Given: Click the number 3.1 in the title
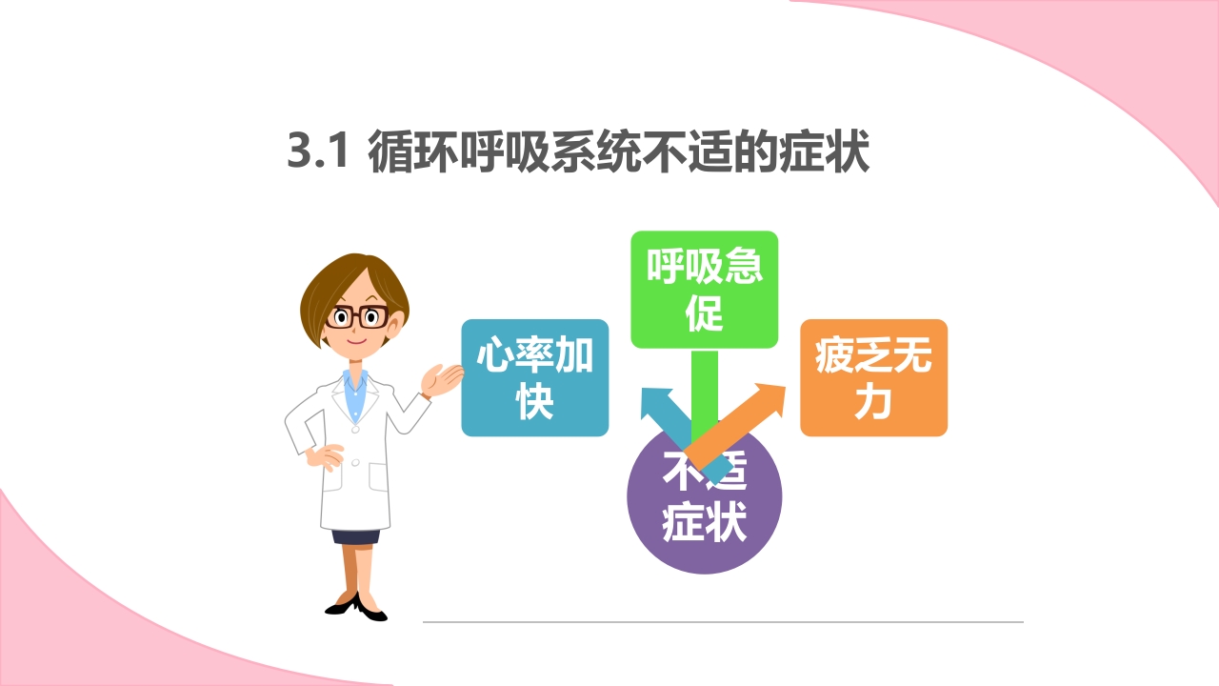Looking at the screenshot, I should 320,153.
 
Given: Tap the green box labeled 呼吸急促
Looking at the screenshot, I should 704,289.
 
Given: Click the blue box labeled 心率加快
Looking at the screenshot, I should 534,378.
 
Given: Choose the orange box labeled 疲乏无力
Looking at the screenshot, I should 873,378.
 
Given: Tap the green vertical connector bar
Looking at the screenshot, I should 704,391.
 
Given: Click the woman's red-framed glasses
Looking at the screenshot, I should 356,317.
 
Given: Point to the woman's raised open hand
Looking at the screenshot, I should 441,380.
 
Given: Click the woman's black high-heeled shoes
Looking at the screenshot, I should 357,606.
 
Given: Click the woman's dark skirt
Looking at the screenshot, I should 355,536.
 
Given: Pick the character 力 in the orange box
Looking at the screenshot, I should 873,403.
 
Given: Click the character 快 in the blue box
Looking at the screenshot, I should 534,403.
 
